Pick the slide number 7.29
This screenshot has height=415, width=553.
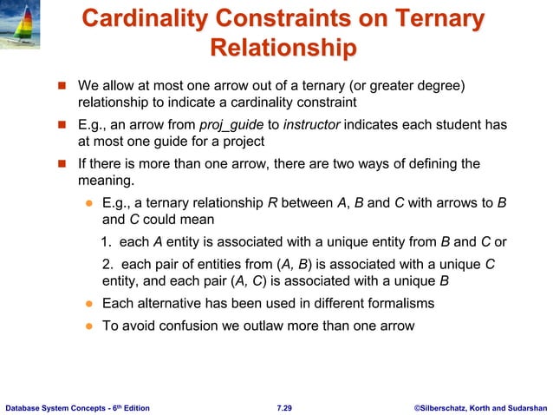coord(283,406)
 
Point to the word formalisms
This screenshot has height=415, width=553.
coord(399,303)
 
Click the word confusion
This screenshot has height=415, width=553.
coord(180,326)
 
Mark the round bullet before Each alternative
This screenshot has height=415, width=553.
coord(88,304)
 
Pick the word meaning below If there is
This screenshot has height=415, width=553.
coord(105,181)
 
